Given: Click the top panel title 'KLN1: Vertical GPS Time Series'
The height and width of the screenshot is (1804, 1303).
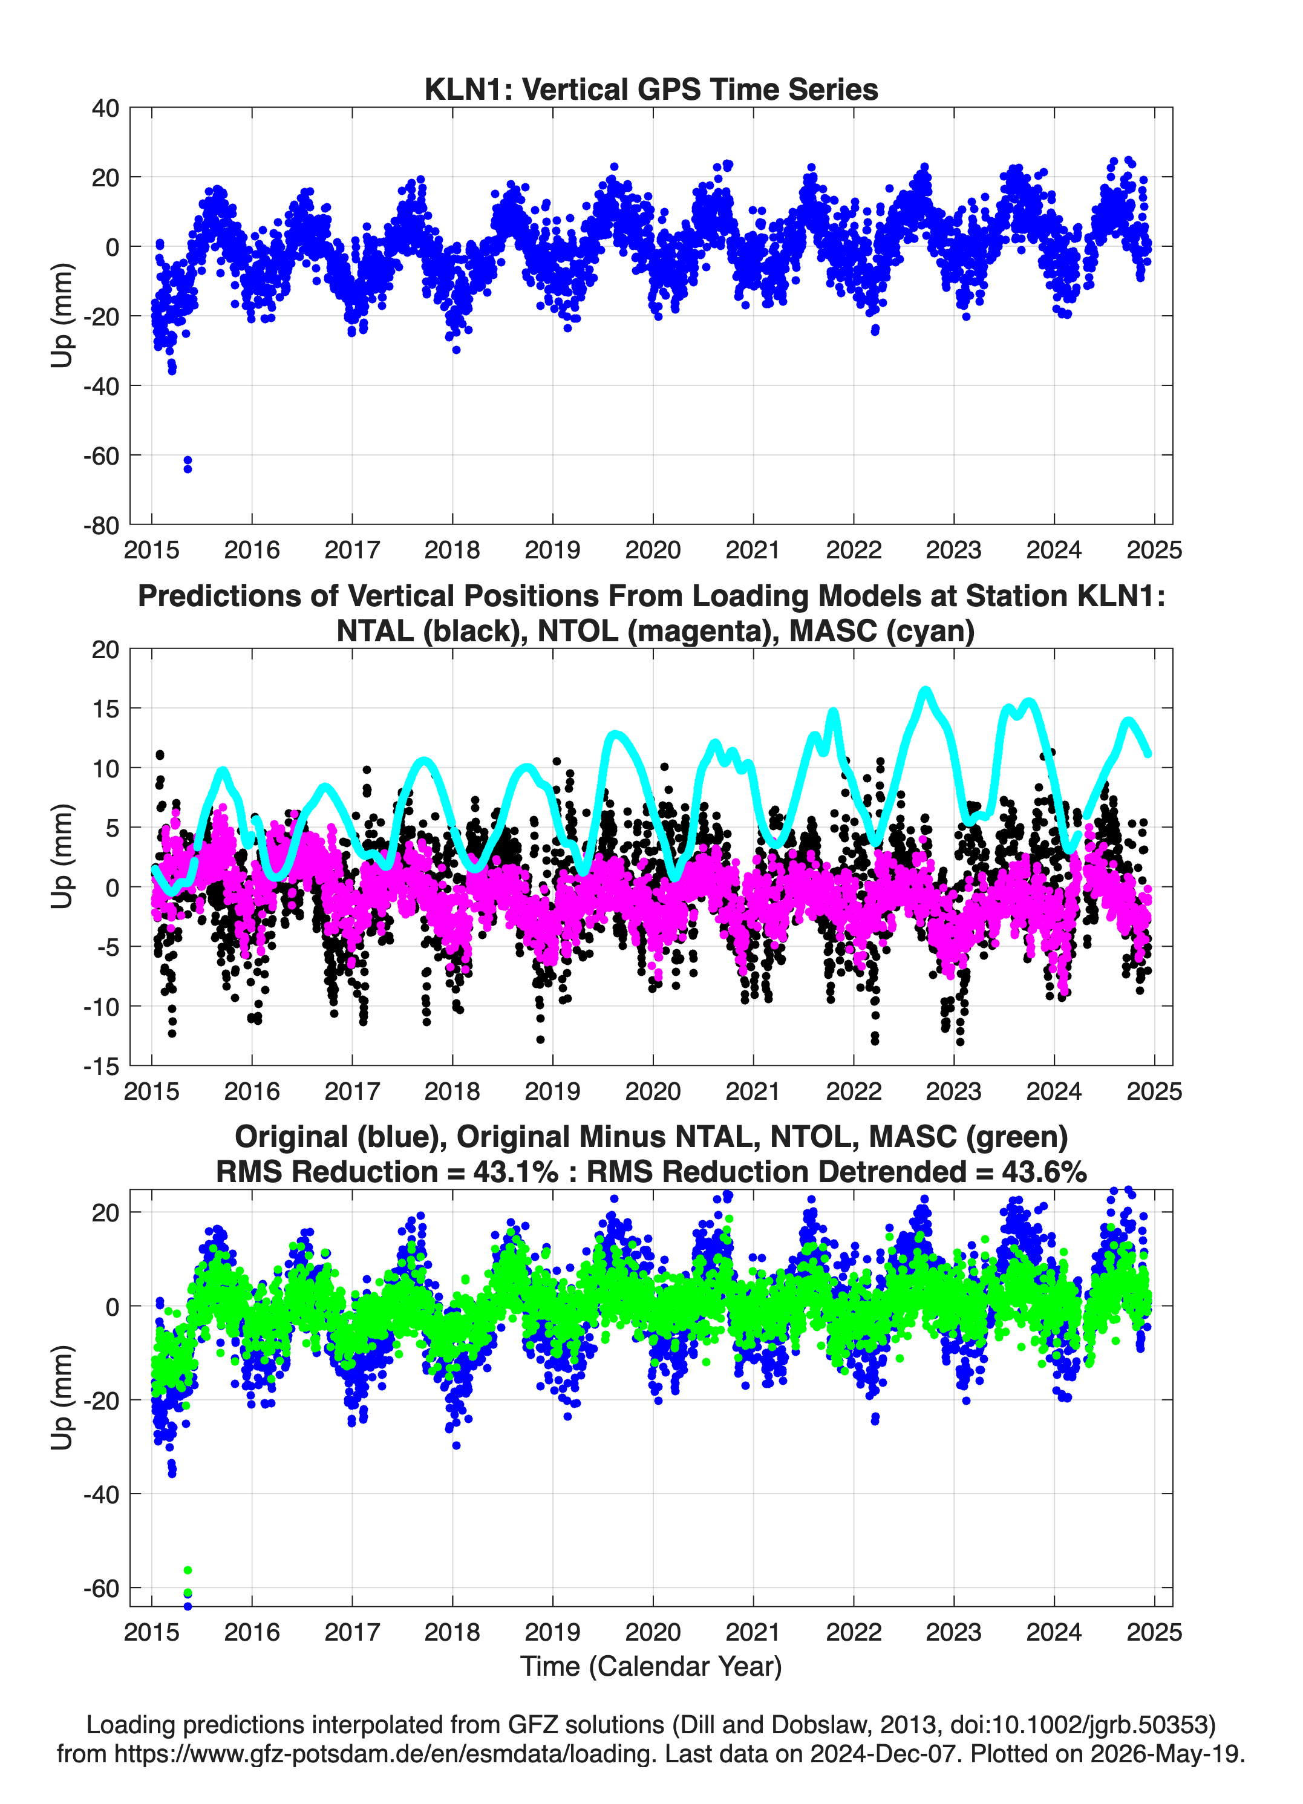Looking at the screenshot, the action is point(651,89).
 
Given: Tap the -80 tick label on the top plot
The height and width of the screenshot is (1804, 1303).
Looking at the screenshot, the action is point(101,526).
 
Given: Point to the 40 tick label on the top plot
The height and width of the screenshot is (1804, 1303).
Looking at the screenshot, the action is point(106,108).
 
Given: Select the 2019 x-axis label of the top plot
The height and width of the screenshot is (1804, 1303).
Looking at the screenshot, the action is point(552,550).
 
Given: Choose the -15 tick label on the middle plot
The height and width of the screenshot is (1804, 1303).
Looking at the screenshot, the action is point(101,1067).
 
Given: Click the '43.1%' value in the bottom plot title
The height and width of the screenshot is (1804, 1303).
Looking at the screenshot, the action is point(515,1172).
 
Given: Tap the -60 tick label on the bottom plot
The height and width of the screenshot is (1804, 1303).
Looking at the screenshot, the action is point(101,1589).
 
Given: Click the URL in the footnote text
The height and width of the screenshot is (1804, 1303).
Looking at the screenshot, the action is point(386,1753).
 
